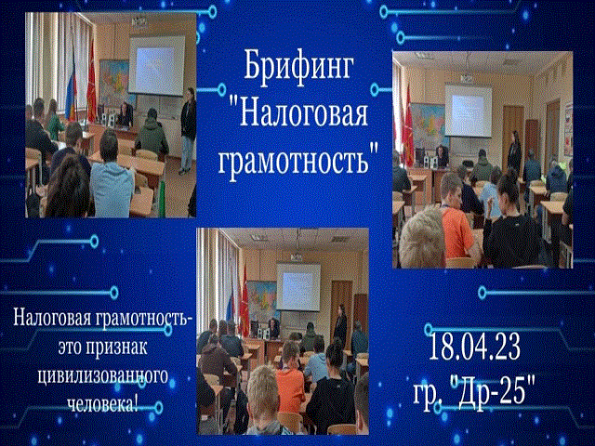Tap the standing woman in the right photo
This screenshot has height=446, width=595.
click(x=514, y=149)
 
